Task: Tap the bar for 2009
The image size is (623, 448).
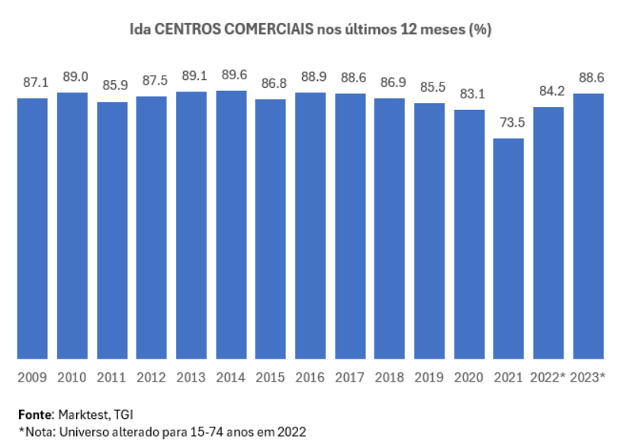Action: coord(33,228)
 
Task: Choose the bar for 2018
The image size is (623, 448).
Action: coord(390,228)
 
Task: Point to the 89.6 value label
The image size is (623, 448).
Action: coord(231,75)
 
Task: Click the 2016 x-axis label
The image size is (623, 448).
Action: coord(310,377)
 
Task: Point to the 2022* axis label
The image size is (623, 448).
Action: coord(548,377)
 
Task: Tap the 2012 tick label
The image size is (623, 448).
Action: coord(152,377)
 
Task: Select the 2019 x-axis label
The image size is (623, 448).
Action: coord(429,377)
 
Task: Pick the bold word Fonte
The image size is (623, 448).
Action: coord(34,414)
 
